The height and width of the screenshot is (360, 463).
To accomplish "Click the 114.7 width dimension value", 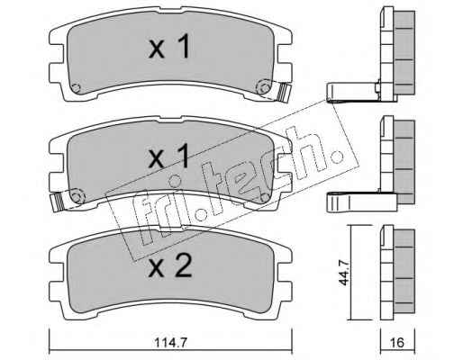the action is click(170, 342).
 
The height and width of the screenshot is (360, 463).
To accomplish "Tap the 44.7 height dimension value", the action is click(344, 273).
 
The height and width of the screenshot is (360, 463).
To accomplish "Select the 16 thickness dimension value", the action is click(398, 342).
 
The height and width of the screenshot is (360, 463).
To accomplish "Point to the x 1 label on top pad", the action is click(169, 46).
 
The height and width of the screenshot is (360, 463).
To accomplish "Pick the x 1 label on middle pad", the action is click(169, 156).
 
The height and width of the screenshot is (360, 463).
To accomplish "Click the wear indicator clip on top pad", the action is click(284, 92).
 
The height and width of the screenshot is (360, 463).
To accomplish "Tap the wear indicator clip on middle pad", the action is click(58, 201).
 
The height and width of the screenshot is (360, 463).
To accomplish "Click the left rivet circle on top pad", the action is click(77, 88).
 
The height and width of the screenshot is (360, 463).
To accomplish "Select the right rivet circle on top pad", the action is click(264, 88).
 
